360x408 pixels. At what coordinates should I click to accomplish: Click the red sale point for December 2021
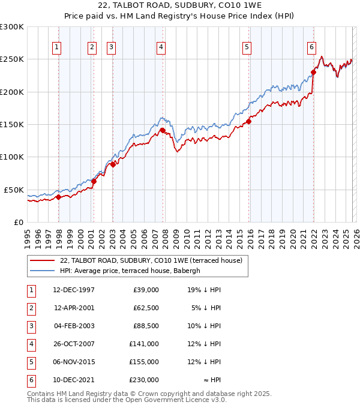[313, 73]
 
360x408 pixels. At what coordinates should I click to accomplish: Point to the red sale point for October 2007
[163, 130]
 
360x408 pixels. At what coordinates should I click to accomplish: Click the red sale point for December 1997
[58, 197]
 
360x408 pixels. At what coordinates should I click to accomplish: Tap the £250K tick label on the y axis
[12, 59]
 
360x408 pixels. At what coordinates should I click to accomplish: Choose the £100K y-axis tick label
[12, 157]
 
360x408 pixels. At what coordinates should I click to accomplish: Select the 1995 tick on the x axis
[27, 238]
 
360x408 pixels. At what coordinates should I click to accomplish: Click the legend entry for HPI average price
[133, 271]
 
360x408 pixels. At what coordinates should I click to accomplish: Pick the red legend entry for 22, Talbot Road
[151, 260]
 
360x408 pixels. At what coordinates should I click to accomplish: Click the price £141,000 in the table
[144, 344]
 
